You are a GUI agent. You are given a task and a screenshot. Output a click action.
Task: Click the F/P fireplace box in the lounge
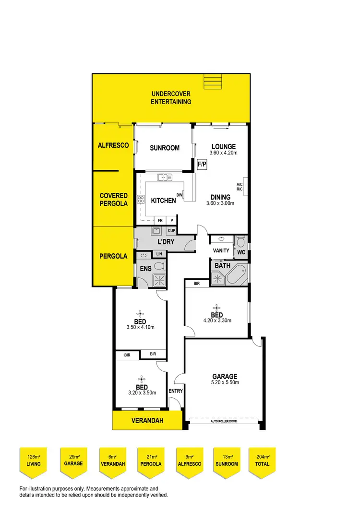click(x=202, y=164)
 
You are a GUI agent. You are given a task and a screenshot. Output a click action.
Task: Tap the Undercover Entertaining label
click(x=171, y=97)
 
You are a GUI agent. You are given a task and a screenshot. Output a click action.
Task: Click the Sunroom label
click(x=165, y=148)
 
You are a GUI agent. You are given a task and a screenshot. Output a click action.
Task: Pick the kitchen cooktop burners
click(x=141, y=200)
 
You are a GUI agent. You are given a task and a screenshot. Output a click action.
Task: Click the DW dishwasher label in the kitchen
click(x=179, y=195)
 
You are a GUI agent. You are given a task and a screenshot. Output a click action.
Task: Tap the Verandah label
click(x=147, y=421)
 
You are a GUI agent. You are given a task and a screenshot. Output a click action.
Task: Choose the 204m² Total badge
click(x=262, y=461)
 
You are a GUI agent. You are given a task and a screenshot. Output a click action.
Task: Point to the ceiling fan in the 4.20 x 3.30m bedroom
click(x=217, y=308)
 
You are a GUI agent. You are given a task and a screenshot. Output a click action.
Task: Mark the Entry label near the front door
click(x=175, y=391)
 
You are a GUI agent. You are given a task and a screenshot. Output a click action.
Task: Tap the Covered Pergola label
click(x=114, y=199)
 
